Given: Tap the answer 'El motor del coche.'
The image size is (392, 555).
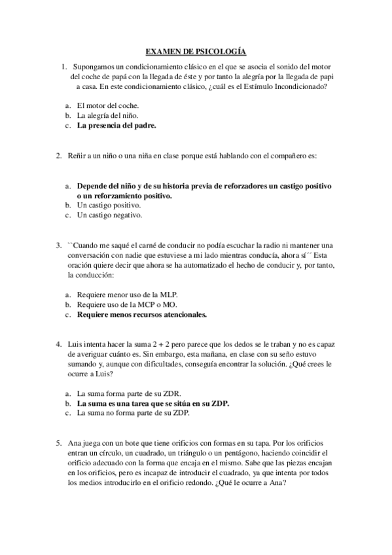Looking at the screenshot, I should [107, 105].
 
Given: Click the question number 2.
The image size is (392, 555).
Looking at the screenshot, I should [59, 155].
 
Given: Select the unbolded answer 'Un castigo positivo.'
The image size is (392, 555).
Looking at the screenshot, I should [109, 205].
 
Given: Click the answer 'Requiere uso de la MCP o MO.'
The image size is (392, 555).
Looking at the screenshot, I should [122, 304].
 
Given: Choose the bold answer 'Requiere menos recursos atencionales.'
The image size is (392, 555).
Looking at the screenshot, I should [141, 315].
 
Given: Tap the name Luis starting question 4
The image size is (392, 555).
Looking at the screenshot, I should [75, 344].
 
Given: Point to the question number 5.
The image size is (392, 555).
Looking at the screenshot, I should [59, 443].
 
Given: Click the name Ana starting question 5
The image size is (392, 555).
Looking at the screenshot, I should [75, 443].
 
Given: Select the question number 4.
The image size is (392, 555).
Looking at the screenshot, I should [59, 344].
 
